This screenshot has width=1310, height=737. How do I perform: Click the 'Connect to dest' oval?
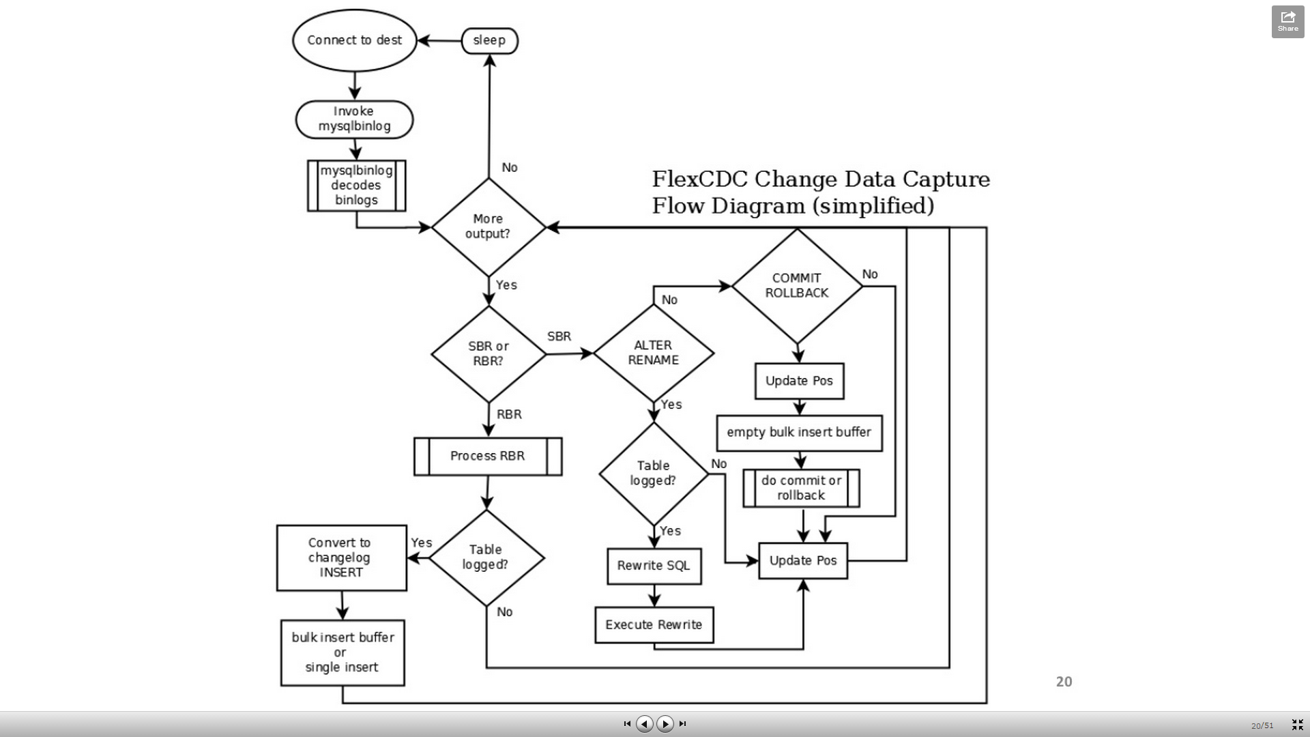pos(354,40)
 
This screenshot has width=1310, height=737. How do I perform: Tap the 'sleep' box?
pos(489,40)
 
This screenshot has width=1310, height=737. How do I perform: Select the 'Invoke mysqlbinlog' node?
pos(354,119)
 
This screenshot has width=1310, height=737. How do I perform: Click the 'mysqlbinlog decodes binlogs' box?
pos(356,186)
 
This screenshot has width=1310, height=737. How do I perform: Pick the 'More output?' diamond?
pos(489,227)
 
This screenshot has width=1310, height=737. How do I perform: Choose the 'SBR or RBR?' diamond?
pos(489,353)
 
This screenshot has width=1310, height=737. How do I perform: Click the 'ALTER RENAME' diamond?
pos(654,353)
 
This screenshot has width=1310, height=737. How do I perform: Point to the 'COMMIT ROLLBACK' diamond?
pos(797,285)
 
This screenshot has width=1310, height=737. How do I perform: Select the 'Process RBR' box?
pos(488,456)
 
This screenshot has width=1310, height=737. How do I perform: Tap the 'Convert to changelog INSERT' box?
pos(341,558)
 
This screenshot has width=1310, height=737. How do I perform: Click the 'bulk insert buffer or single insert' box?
pos(343,652)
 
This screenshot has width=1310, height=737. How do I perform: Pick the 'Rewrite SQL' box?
pos(654,566)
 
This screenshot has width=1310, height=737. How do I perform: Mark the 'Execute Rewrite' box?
pos(654,624)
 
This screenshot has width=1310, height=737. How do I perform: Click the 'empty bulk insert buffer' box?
pos(799,433)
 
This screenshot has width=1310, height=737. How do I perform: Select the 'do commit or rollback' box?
pos(801,488)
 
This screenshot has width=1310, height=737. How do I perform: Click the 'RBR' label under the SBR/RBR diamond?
pos(509,414)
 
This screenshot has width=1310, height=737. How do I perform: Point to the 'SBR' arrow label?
pos(559,336)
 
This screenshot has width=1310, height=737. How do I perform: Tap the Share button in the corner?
pos(1287,22)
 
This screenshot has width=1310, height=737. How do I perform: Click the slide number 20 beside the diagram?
pos(1064,682)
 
